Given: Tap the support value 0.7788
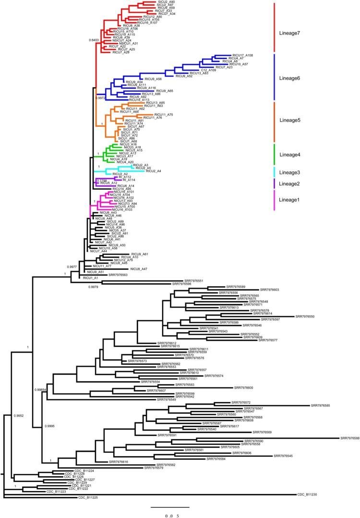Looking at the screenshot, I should [101, 181].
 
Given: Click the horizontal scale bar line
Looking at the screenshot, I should [170, 507].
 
